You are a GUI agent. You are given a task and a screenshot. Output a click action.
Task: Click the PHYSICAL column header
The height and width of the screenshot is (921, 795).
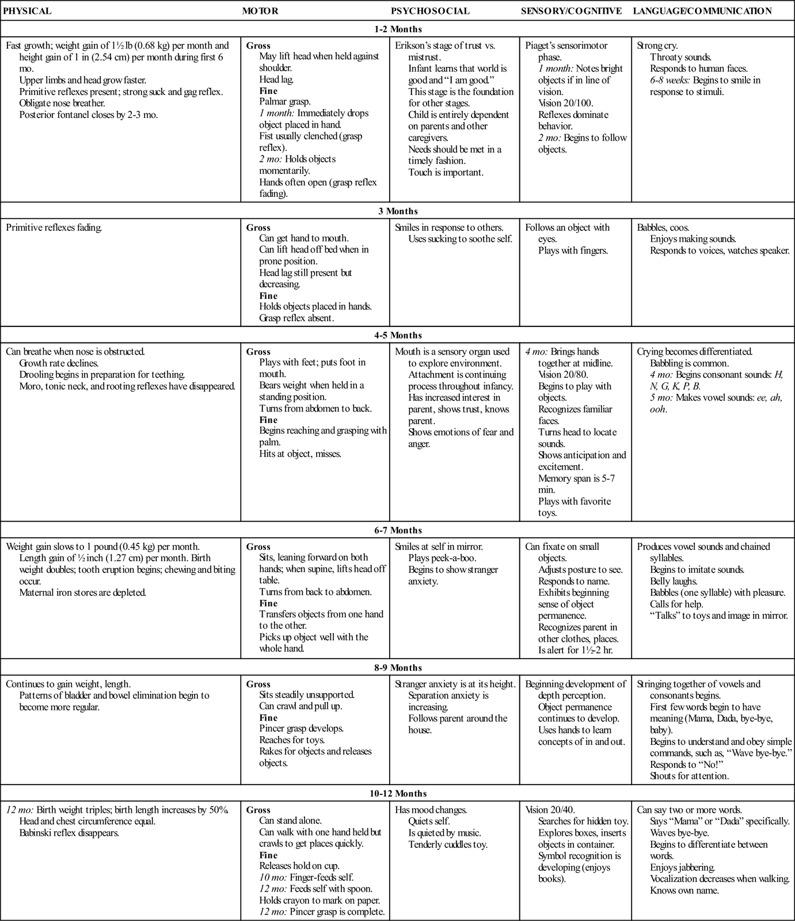28,11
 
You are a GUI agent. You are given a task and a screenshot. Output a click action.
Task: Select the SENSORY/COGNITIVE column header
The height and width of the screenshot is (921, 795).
571,11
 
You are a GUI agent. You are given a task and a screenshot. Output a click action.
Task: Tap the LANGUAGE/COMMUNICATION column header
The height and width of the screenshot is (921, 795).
702,11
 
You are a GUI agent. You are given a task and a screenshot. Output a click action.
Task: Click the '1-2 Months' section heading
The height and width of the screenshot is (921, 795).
398,29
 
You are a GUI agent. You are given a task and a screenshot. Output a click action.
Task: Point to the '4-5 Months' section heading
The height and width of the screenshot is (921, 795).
398,335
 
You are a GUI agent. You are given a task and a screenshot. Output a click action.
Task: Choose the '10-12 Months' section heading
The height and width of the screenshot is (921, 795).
398,793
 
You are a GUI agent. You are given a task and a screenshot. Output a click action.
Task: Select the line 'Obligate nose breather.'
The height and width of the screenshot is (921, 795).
62,103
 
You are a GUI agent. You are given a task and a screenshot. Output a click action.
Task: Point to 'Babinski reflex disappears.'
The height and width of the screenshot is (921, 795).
69,832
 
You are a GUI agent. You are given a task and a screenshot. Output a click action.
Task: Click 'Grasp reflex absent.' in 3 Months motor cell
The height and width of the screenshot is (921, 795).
296,318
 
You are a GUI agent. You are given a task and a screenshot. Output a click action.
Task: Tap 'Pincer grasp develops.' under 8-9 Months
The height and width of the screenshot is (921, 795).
301,728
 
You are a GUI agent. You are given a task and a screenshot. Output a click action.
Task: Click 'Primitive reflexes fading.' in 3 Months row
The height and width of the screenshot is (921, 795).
54,227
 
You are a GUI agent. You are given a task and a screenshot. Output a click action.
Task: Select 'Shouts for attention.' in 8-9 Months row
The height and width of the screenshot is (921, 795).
689,775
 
